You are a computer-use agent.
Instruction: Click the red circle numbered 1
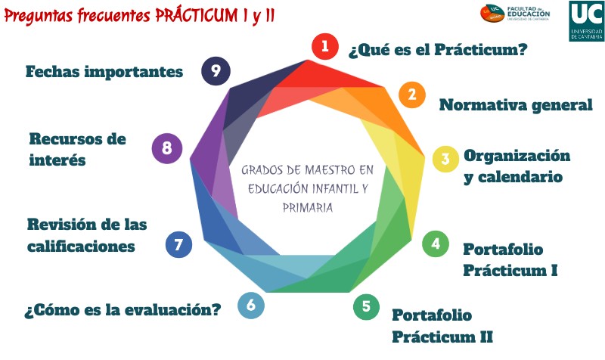[325, 46]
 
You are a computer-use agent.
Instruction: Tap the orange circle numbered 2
[411, 95]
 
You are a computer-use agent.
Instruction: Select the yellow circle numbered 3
[445, 159]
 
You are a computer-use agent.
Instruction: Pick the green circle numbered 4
[435, 244]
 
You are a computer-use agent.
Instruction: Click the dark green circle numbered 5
[366, 306]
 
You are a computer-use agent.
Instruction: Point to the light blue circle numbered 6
[251, 305]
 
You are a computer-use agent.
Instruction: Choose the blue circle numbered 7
[178, 244]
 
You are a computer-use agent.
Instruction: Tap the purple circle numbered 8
[166, 148]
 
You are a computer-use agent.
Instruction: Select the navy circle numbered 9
[216, 71]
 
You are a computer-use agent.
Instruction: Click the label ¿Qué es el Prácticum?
[437, 50]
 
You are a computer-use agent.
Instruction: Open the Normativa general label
[516, 105]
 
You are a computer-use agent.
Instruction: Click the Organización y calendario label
[516, 166]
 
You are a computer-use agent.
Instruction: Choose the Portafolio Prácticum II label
[442, 325]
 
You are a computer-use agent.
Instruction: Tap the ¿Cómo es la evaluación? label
[123, 310]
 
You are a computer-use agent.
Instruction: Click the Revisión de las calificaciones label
[86, 235]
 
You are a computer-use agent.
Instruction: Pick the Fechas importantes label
[104, 72]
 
